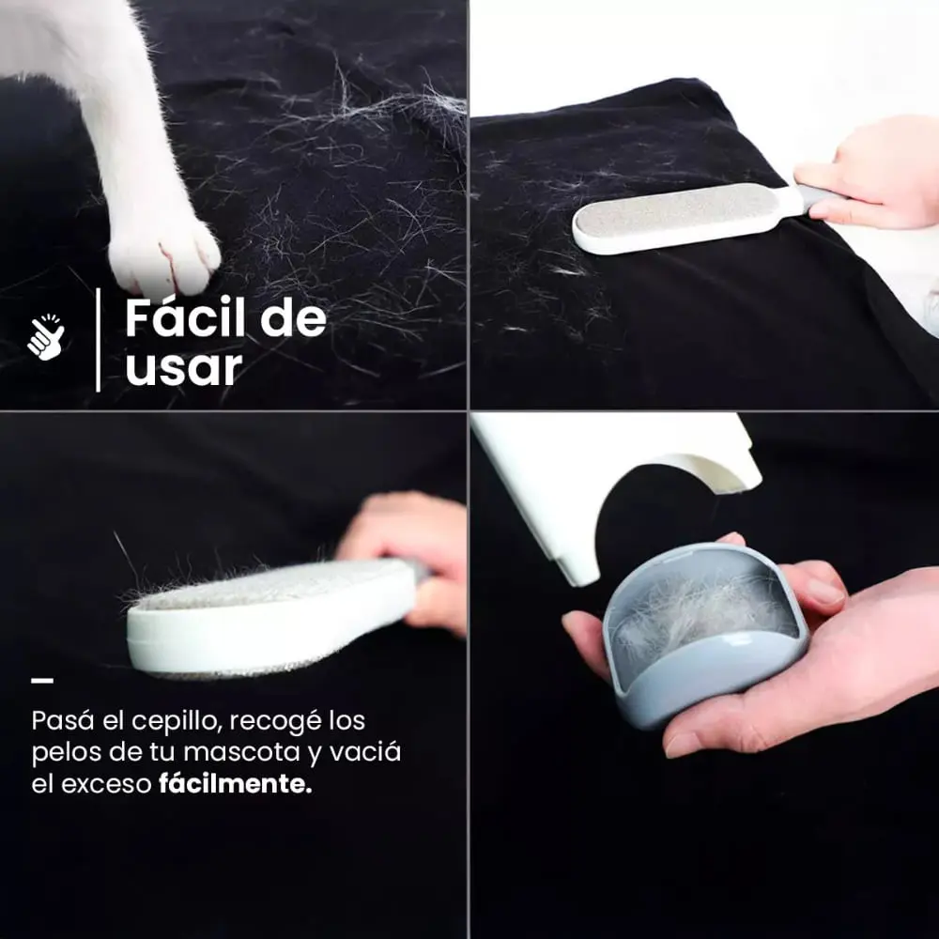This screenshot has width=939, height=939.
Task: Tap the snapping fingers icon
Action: pyautogui.click(x=46, y=337)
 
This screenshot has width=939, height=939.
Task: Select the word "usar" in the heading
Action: pyautogui.click(x=184, y=367)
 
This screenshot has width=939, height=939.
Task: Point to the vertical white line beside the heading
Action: pyautogui.click(x=98, y=340)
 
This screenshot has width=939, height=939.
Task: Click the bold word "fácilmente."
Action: pyautogui.click(x=236, y=783)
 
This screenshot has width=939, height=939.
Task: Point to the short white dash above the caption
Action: pyautogui.click(x=42, y=680)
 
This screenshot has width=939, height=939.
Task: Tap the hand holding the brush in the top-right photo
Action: pyautogui.click(x=874, y=175)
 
